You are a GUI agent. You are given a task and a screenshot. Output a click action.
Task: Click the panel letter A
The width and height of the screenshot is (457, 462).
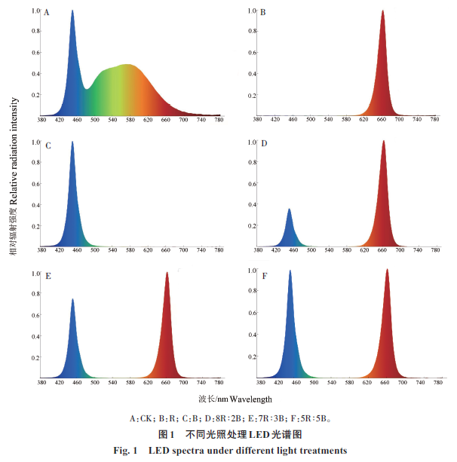[x=47, y=13]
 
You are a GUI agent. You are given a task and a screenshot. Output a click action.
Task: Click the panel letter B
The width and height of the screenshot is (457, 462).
[x=262, y=13]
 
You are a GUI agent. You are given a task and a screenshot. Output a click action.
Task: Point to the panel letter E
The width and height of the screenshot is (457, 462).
[x=47, y=276]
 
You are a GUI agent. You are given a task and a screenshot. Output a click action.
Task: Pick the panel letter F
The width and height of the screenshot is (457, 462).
[x=262, y=276]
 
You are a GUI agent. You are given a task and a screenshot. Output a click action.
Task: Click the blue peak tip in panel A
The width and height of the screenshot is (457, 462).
[x=72, y=11]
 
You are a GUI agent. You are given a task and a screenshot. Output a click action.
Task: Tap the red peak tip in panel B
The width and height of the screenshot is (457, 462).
[x=383, y=11]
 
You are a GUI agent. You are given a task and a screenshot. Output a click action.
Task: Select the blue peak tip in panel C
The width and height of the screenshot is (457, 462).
[x=72, y=142]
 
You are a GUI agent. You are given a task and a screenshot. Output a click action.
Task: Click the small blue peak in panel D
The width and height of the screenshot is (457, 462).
[x=290, y=210]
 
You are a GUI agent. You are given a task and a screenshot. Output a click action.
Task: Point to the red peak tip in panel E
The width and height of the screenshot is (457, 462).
[x=167, y=274]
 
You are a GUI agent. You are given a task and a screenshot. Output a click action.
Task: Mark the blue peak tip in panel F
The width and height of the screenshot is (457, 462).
[x=290, y=271]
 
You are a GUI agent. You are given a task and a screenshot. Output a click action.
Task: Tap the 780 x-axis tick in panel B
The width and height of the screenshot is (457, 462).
[x=434, y=120]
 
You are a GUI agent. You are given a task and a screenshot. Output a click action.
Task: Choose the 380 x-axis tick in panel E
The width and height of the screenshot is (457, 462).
[x=41, y=383]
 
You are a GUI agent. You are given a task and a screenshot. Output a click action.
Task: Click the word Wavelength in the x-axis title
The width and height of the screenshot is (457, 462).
[x=251, y=399]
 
